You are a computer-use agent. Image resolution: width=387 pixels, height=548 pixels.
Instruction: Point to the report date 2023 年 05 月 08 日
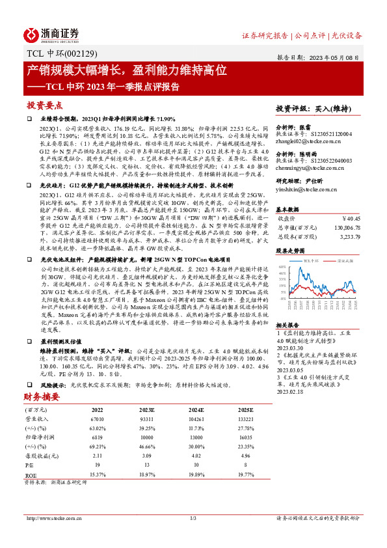click(x=338, y=57)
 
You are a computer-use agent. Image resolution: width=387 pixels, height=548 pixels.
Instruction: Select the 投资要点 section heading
click(x=45, y=105)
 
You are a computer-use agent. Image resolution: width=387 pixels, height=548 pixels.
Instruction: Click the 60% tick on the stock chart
click(x=281, y=267)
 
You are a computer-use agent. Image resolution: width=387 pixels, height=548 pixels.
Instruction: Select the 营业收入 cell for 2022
click(x=97, y=420)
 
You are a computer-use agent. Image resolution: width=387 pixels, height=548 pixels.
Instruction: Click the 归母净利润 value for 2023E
click(x=146, y=438)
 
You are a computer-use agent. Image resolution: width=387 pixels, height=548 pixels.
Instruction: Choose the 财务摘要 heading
click(x=42, y=396)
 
